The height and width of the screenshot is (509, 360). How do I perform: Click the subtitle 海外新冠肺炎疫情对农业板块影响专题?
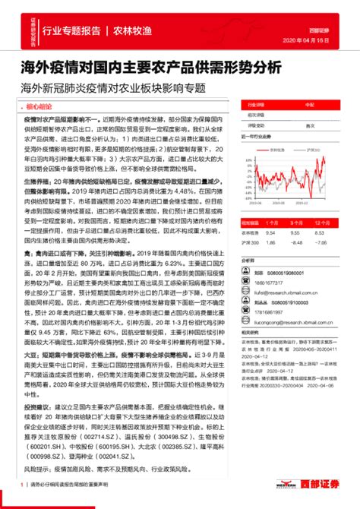pyautogui.click(x=114, y=87)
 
